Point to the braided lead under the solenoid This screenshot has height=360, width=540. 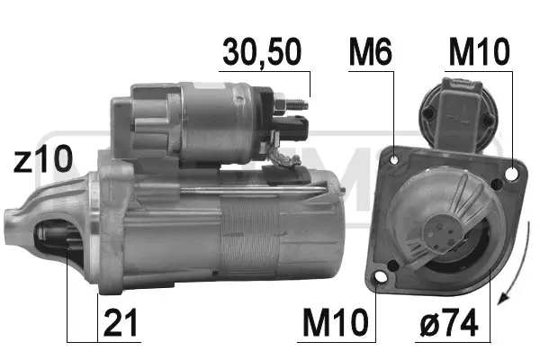286,160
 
